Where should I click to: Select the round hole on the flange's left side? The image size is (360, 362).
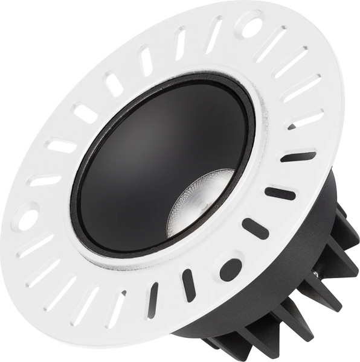[28, 218]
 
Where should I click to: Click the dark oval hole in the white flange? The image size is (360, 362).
[231, 269]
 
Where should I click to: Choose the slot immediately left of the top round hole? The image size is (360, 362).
[213, 35]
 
